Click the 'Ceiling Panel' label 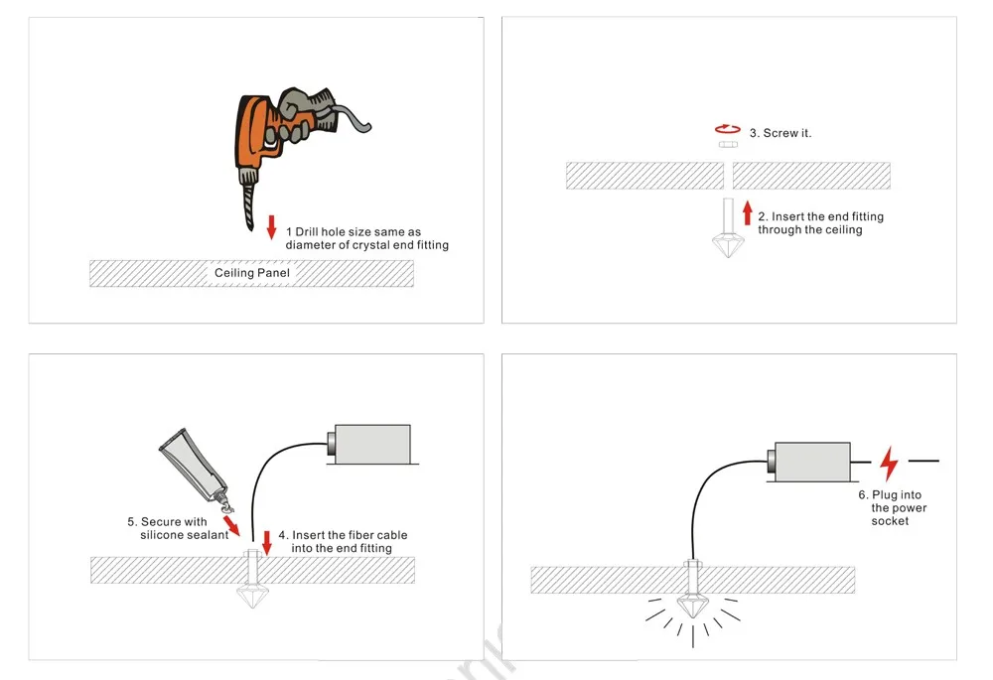coord(251,273)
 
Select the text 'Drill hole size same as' coord(358,232)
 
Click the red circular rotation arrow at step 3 coord(728,129)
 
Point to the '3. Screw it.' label coord(780,133)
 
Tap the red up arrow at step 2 coord(748,210)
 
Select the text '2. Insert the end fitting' coord(820,216)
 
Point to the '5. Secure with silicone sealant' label coord(179,528)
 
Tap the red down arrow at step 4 coord(266,541)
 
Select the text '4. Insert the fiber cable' coord(350,535)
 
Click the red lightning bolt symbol coord(889,464)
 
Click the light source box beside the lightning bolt coord(810,464)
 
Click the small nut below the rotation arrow coord(728,145)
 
